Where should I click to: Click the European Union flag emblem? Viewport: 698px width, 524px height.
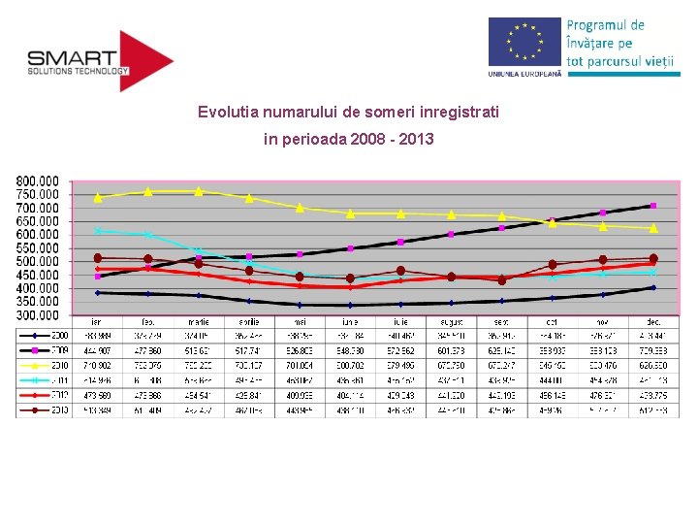[524, 43]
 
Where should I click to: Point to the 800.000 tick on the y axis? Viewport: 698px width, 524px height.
[37, 180]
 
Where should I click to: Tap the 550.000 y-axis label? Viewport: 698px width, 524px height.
[37, 247]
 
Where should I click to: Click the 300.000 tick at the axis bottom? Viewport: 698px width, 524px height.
[37, 315]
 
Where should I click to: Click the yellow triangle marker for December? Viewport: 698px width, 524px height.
[653, 228]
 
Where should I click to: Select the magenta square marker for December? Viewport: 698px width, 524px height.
[653, 206]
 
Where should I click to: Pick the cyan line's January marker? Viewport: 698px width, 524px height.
[97, 230]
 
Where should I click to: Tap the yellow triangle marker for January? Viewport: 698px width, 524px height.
[97, 197]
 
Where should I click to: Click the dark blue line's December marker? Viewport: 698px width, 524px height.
[653, 287]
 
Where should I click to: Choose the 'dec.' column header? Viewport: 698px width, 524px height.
[653, 321]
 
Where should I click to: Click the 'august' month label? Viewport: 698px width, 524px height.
[451, 321]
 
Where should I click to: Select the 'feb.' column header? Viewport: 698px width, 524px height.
[147, 321]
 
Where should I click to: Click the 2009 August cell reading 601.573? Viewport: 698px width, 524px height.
[451, 349]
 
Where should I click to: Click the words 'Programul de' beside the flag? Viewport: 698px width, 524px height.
[605, 25]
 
